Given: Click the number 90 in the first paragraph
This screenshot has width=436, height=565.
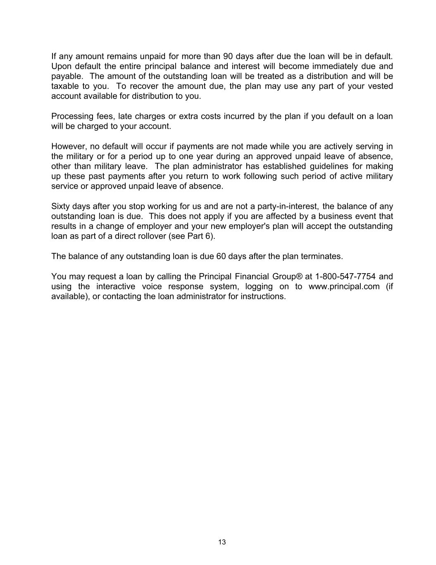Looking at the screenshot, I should coord(228,56).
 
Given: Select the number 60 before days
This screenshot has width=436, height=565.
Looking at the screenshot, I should coord(221,256).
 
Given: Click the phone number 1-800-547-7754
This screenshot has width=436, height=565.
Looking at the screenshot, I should coord(345,276).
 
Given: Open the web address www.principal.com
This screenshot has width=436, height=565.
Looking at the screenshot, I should coord(344,286).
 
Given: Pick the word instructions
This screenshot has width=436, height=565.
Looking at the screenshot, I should coord(263,296).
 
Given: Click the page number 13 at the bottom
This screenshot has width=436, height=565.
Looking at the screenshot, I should coord(222,542).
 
